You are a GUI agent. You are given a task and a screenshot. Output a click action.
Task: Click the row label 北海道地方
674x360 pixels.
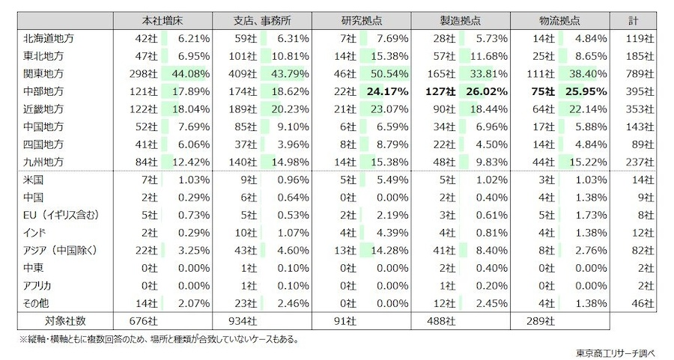coord(49,38)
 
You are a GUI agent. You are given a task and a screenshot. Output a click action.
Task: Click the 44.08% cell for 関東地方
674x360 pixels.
coord(189,73)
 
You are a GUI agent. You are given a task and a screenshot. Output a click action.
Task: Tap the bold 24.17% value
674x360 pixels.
coord(386,91)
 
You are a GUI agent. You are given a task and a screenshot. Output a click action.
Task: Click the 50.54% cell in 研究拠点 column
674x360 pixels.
coord(386,73)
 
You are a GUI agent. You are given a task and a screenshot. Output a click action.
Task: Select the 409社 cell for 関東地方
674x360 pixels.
coord(242,73)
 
